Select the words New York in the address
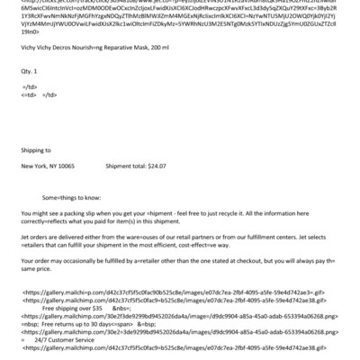(x=35, y=167)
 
